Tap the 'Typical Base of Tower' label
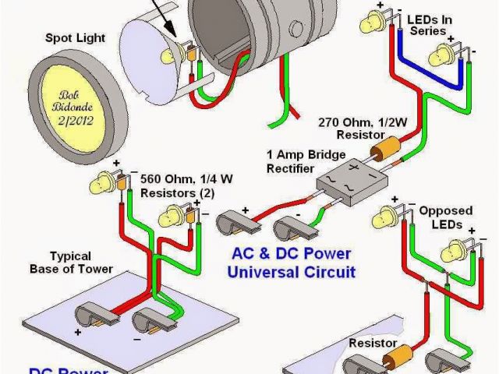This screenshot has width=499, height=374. pyautogui.click(x=82, y=262)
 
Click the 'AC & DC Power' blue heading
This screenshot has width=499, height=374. pyautogui.click(x=291, y=254)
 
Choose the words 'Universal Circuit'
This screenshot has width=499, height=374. pyautogui.click(x=291, y=272)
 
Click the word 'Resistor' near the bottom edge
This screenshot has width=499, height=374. pyautogui.click(x=372, y=342)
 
